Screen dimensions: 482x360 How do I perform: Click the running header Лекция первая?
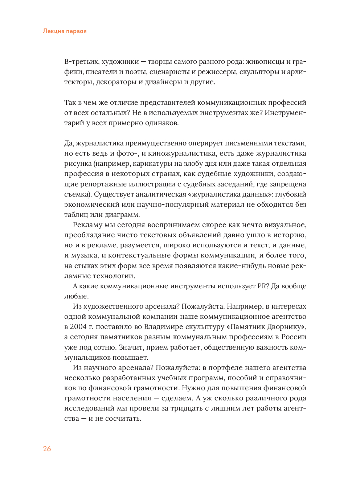click(65, 31)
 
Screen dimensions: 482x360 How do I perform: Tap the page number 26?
click(47, 449)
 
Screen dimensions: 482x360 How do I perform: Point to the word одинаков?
click(162, 123)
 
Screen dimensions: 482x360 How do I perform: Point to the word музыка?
click(85, 255)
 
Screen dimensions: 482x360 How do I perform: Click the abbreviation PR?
click(262, 286)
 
